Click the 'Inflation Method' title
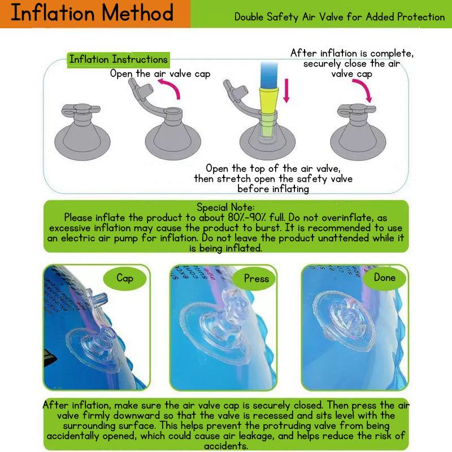[92, 13]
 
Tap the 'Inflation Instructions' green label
[119, 60]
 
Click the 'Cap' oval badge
[125, 278]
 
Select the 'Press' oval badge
[256, 279]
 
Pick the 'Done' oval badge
[385, 277]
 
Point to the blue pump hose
[269, 75]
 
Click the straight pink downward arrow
[286, 91]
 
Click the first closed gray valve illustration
[82, 132]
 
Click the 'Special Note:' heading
[225, 207]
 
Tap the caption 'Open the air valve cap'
[160, 74]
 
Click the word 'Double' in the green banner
[249, 17]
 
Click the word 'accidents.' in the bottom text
[226, 446]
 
